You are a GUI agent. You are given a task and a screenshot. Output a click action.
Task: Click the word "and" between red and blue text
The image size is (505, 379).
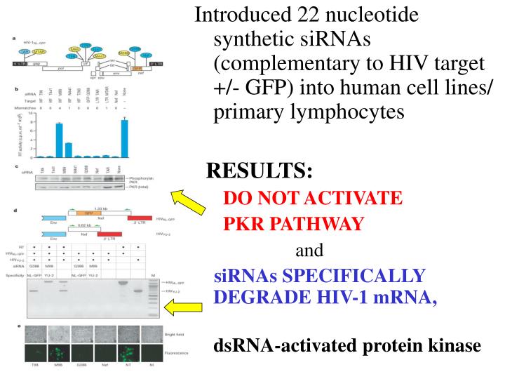coord(308,250)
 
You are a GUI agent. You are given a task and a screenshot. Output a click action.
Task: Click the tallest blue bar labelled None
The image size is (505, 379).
coord(125,138)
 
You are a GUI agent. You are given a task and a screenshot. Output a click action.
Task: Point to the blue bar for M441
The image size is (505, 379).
coord(69,149)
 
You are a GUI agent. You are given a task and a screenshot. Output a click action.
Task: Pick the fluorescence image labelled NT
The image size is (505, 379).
coord(126,352)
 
